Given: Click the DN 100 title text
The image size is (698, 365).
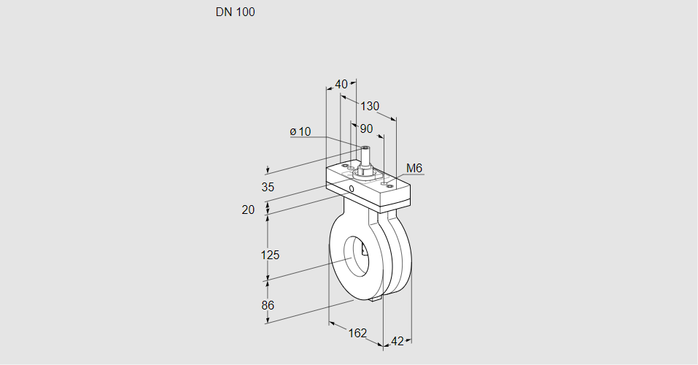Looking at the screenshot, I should [235, 12].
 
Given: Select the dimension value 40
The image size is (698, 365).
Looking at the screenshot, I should [341, 84].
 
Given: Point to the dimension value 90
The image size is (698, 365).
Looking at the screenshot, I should [366, 128].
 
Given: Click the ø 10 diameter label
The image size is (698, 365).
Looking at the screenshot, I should [300, 131].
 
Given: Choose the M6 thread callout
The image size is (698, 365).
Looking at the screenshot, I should [414, 169].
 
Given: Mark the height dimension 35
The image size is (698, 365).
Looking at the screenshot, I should [268, 187].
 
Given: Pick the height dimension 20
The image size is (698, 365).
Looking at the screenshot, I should [248, 210].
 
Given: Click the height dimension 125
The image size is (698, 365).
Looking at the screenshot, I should [270, 255].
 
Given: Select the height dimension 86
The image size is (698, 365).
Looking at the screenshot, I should [268, 305].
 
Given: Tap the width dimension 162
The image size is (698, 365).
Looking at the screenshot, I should [357, 334].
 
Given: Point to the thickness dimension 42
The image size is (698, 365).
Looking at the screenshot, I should [398, 341].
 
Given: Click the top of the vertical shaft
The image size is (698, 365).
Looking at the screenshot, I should [365, 148].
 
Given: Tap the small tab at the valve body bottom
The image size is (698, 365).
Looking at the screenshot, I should [376, 298].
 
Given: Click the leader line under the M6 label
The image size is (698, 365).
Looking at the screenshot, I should [410, 175].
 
